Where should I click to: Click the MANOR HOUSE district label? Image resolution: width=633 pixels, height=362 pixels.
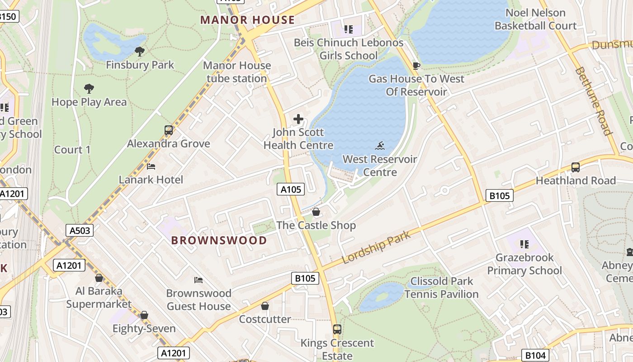click(247, 20)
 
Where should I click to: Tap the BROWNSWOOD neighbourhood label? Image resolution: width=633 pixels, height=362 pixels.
click(219, 240)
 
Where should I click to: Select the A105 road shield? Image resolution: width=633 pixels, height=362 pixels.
click(291, 189)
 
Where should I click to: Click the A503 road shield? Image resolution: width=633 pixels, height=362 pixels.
click(80, 230)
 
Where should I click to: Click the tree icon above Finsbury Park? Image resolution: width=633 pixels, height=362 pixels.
click(140, 52)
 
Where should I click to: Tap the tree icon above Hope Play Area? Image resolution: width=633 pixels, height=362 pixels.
click(89, 89)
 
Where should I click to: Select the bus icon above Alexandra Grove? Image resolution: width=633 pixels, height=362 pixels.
click(169, 131)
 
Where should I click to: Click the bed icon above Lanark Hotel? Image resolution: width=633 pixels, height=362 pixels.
click(151, 167)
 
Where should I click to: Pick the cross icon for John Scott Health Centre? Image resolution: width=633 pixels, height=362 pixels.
click(298, 119)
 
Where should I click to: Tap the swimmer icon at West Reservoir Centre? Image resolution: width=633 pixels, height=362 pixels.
click(380, 146)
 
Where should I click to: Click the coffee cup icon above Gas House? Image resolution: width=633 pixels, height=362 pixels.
click(416, 66)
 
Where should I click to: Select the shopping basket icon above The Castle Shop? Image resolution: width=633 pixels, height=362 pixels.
click(316, 212)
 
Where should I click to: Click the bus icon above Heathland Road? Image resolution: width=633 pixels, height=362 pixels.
click(576, 167)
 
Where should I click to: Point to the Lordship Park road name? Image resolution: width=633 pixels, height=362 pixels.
click(376, 248)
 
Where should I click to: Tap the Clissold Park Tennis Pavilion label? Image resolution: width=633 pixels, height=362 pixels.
click(441, 288)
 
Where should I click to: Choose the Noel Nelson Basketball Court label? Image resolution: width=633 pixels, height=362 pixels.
click(535, 19)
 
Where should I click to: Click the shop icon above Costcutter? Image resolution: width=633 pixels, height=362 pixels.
click(265, 306)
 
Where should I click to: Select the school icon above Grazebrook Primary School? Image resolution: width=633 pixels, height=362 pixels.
click(524, 244)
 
